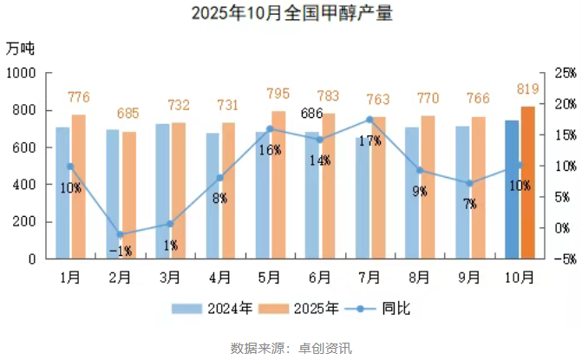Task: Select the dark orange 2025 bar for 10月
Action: click(527, 182)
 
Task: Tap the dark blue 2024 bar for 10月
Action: click(512, 189)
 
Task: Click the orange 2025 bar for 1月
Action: click(79, 187)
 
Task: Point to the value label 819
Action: click(527, 89)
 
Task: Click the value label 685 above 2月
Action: click(128, 114)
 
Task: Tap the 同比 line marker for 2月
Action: click(121, 234)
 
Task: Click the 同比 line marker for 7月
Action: click(370, 120)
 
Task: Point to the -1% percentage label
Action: click(121, 251)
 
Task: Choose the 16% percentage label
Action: click(270, 150)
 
